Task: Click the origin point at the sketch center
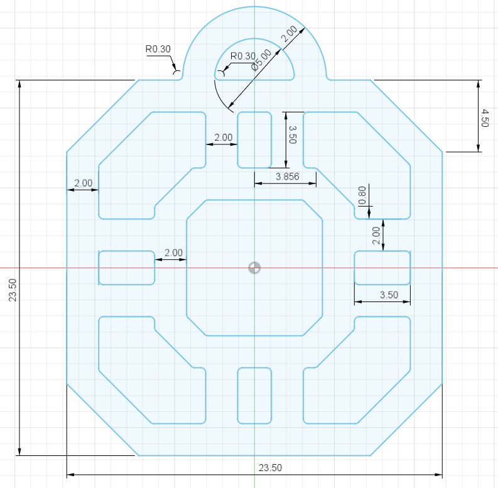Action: (x=254, y=268)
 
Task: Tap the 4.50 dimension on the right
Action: (x=484, y=118)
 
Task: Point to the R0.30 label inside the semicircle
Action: (x=242, y=57)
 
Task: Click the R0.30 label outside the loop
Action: (x=158, y=48)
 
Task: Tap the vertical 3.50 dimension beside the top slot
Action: (x=291, y=134)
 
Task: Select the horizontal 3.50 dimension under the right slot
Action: (x=389, y=295)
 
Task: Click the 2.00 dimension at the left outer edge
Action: (x=83, y=183)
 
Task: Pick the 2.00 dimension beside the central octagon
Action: (x=173, y=252)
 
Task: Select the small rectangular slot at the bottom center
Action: (x=254, y=395)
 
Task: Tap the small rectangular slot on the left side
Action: (x=127, y=268)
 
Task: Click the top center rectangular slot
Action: (x=254, y=140)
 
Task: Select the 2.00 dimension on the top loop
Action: (x=290, y=35)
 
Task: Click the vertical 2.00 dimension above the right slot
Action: (x=376, y=236)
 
